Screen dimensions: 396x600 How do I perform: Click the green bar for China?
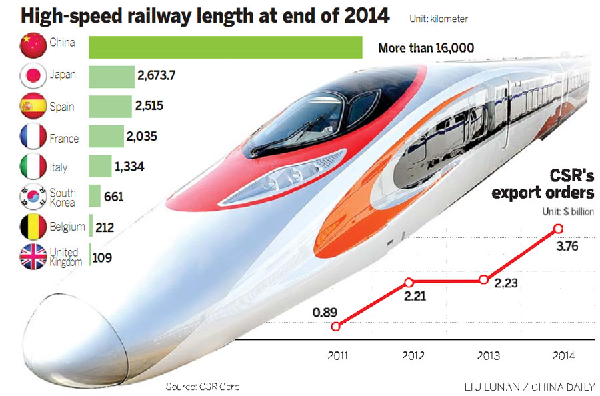coord(225,47)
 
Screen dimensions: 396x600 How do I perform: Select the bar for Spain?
coord(110,107)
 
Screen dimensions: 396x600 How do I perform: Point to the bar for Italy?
coord(100,166)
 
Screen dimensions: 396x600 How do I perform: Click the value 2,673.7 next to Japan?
coord(156,75)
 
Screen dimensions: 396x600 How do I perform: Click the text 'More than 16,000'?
coord(425,48)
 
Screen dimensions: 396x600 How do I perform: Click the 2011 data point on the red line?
coord(336,326)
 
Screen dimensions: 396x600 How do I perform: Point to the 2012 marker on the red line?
coord(410,282)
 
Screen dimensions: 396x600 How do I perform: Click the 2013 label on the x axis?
coord(485,355)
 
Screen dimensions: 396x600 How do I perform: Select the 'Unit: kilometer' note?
coord(439,19)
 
